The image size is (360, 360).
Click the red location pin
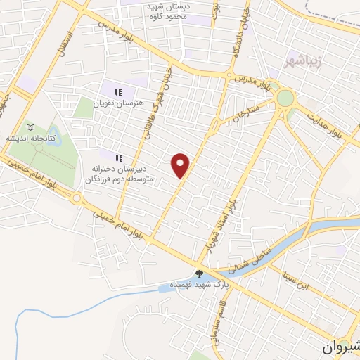pyautogui.click(x=181, y=165)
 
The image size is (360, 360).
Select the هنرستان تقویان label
pyautogui.click(x=123, y=103)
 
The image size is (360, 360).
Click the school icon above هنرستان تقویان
pyautogui.click(x=119, y=91)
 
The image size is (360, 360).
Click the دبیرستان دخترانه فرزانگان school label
pyautogui.click(x=115, y=174)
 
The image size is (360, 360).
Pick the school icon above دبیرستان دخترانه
pyautogui.click(x=119, y=158)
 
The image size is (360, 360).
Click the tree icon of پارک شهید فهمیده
pyautogui.click(x=200, y=275)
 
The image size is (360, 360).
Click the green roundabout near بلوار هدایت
pyautogui.click(x=285, y=98)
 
